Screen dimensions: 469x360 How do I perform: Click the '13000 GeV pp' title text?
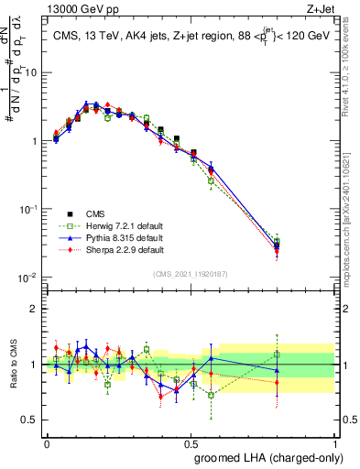[x=78, y=8]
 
